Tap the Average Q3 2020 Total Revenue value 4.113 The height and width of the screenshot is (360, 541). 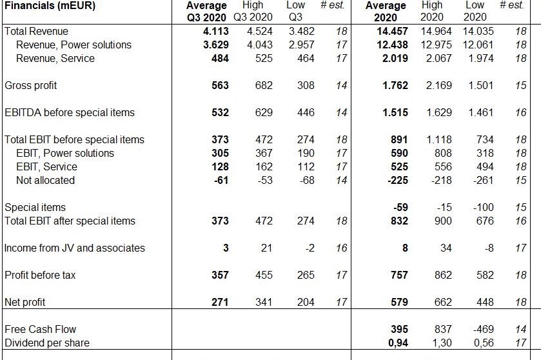coord(215,32)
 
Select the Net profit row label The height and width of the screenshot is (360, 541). coord(25,303)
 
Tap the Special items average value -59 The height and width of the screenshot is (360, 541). coord(400,208)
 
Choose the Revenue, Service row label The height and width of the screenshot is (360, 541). coord(55,59)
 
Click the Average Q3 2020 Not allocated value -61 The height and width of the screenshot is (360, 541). coord(221,181)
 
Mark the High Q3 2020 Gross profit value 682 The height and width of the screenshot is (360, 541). coord(264,86)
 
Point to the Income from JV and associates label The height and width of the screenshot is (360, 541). coord(74,248)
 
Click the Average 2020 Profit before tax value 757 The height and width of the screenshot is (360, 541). coord(399,275)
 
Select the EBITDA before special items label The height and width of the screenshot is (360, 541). coord(70,113)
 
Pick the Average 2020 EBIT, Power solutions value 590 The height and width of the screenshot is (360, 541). coord(399,154)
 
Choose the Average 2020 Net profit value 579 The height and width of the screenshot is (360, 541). coord(399,303)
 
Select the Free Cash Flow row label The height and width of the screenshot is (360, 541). coord(36,330)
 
